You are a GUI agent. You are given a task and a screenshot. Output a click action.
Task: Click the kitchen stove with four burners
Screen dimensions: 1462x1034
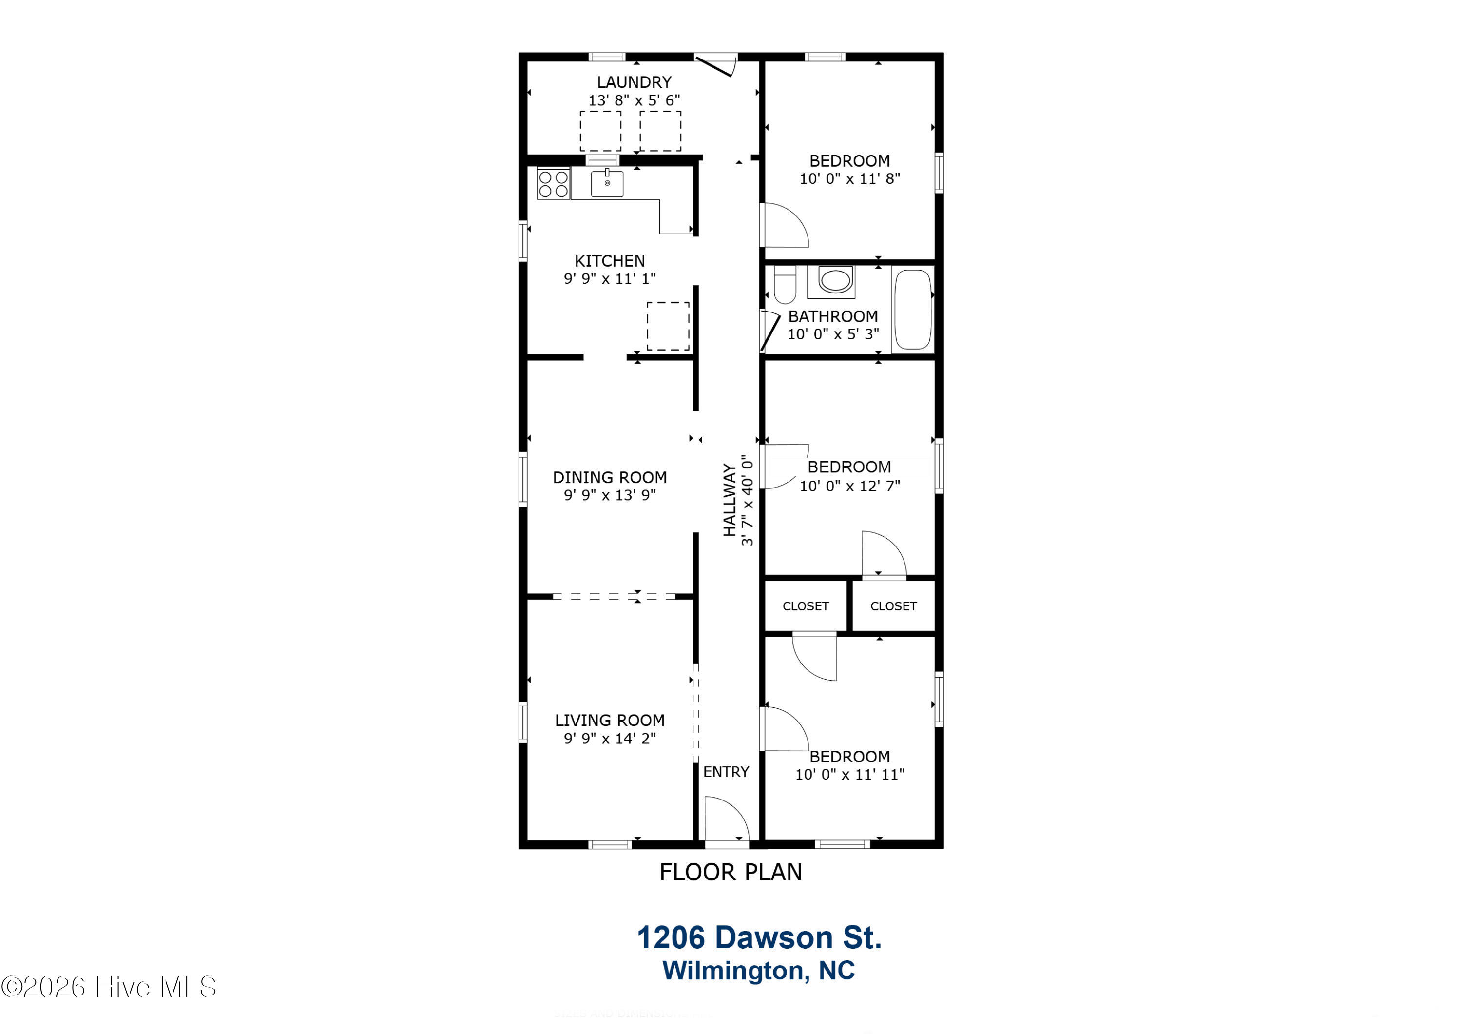tap(553, 183)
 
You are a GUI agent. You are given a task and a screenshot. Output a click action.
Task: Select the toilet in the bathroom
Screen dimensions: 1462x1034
tap(785, 285)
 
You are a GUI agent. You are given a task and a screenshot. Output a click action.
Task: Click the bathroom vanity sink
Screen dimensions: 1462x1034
tap(834, 280)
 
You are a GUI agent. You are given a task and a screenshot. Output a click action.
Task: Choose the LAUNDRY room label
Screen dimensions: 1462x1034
tap(634, 82)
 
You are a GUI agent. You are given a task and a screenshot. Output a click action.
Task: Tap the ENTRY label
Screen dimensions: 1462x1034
tap(726, 772)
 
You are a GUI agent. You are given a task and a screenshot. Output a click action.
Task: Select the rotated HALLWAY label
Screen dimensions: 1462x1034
tap(730, 500)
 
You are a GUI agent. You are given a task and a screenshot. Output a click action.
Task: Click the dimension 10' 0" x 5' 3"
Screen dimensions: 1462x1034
tap(833, 334)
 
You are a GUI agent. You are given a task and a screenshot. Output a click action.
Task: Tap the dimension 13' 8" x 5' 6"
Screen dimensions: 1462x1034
tap(634, 100)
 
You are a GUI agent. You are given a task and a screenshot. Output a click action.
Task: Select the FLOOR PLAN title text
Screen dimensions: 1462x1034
tap(731, 872)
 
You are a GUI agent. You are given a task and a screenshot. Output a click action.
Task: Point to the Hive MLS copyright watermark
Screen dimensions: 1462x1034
tap(109, 987)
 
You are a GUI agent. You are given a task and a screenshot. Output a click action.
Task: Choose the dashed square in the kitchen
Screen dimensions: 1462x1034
tap(668, 326)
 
